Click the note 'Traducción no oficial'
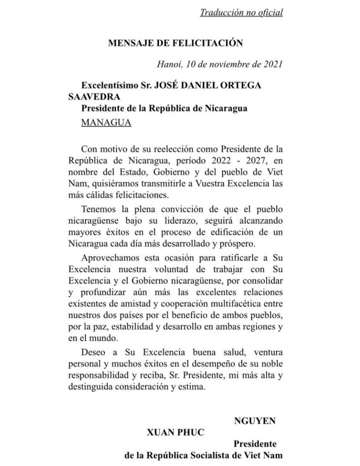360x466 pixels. point(241,12)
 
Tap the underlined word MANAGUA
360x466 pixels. point(106,123)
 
